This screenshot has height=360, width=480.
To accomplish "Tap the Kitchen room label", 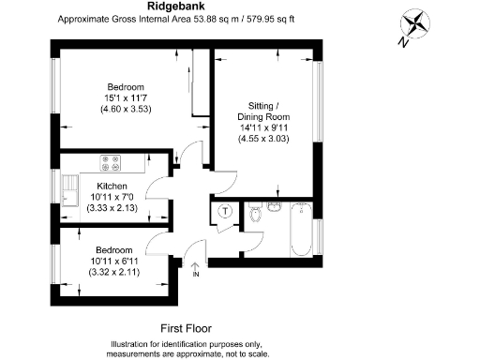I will (x=112, y=187).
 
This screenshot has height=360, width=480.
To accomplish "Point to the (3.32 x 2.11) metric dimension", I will (x=112, y=272).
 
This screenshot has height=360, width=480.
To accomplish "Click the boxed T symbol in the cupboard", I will (x=225, y=212).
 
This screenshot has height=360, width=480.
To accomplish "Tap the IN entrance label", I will (x=196, y=275).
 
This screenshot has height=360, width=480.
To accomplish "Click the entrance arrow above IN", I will (x=195, y=266).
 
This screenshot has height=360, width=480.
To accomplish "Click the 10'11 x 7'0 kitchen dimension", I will (x=112, y=197).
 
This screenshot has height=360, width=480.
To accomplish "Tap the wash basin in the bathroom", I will (x=274, y=204).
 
